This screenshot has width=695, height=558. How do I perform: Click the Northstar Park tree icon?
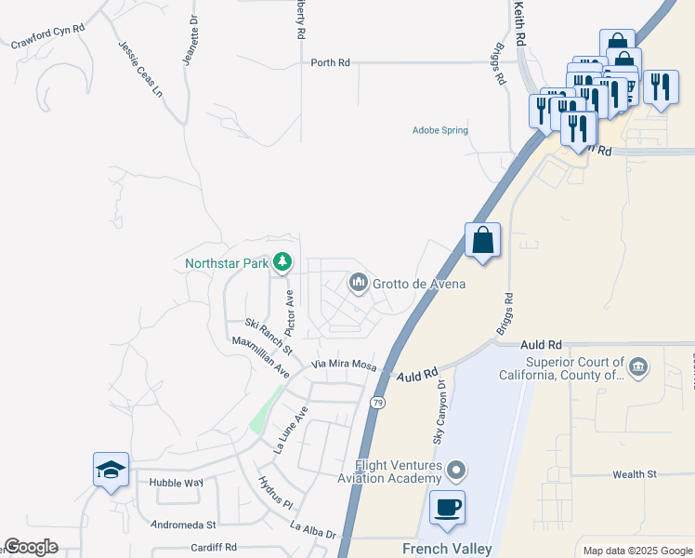tap(282, 263)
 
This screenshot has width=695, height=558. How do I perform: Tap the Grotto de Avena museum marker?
tap(358, 282)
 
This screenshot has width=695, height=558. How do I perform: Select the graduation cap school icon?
tap(111, 471)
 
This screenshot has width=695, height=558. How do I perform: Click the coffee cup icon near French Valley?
tap(448, 508)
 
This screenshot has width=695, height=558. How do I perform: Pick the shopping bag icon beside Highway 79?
tap(483, 240)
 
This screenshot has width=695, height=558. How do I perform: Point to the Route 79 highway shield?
tap(376, 403)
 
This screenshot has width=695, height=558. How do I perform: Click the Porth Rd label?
tap(331, 62)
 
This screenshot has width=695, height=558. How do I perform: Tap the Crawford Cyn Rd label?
tap(47, 36)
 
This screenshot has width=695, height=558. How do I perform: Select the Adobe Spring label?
tap(440, 130)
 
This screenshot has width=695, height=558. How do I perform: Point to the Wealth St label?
tap(636, 474)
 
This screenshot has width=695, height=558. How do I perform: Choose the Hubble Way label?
tap(176, 483)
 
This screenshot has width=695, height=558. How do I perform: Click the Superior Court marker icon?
tap(637, 367)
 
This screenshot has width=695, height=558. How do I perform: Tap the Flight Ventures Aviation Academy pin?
tap(454, 470)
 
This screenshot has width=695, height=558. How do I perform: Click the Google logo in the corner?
tap(31, 547)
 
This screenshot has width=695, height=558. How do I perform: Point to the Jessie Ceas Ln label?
tap(140, 69)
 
